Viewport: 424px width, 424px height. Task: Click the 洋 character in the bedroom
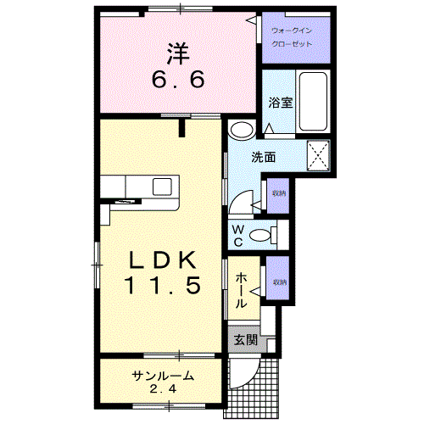point(176,53)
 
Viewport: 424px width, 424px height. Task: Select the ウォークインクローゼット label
point(291,36)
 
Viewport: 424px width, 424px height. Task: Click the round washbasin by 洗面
point(241,130)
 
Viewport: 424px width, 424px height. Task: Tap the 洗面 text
point(263,157)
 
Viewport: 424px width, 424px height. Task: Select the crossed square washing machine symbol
point(318,155)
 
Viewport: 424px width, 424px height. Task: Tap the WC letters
point(237,234)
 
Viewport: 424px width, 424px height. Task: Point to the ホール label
point(241,289)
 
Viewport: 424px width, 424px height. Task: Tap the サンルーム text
point(163,377)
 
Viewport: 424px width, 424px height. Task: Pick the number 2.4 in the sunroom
point(163,389)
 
